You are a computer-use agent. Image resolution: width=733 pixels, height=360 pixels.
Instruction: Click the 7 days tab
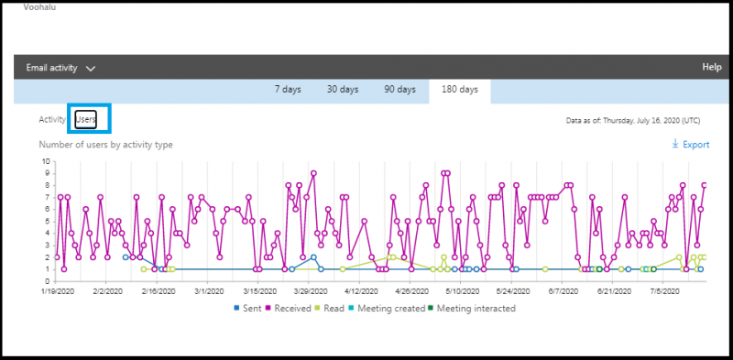(x=290, y=90)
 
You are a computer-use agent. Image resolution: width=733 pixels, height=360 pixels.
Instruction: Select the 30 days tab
(x=343, y=90)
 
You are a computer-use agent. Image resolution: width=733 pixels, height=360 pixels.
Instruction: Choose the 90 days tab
(x=399, y=90)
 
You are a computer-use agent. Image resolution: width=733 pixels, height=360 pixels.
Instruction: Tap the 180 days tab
(x=459, y=90)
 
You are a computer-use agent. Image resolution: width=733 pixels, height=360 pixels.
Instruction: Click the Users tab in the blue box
(x=85, y=119)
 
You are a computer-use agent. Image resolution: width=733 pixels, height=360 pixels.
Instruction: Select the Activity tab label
(x=52, y=119)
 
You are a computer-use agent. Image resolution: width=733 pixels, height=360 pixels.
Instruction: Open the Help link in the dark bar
(x=711, y=67)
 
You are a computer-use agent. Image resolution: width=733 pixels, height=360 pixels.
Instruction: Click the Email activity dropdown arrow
(x=91, y=68)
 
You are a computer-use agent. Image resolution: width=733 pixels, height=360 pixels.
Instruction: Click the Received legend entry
(x=291, y=308)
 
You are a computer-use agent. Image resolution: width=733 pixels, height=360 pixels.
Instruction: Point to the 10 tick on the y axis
(x=46, y=162)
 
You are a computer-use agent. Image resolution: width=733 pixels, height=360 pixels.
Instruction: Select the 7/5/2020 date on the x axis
(x=663, y=290)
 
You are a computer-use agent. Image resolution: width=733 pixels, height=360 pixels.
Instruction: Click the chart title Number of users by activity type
(x=105, y=145)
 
